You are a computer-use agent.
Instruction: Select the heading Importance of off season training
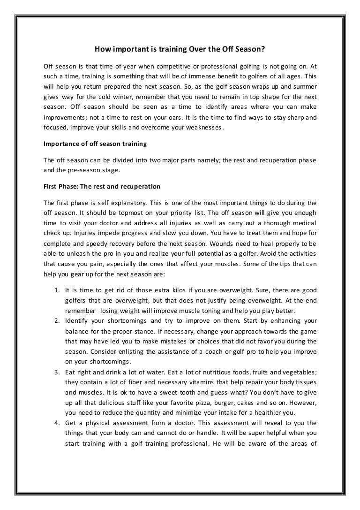coord(95,143)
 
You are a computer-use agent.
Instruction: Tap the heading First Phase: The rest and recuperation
coord(102,186)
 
